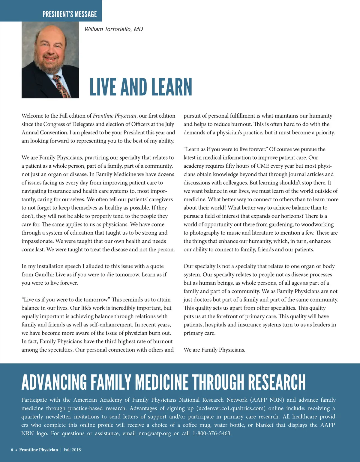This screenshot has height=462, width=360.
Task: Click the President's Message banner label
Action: coord(70,14)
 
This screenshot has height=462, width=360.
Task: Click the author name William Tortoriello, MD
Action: coord(114,29)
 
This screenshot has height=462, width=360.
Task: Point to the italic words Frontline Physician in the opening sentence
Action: coord(115,116)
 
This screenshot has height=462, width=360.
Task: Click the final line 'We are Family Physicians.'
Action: coord(214,350)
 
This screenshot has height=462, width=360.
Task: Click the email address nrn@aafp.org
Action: coord(154,433)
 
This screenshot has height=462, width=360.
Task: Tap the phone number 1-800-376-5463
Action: coord(212,433)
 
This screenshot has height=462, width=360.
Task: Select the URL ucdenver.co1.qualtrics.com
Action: coord(231,408)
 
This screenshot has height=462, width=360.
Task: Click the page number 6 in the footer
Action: coord(12,450)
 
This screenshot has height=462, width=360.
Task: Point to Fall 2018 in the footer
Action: coord(72,450)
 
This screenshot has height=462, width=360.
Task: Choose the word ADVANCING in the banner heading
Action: coord(54,382)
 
